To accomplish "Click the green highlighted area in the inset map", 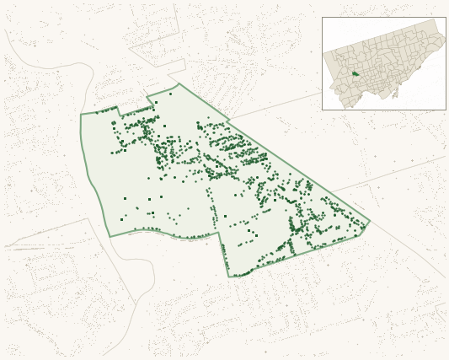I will pos(355,73).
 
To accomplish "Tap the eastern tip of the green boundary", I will pos(370,223).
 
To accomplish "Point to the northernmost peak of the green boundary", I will pos(179,83).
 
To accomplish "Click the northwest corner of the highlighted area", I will pos(82,114).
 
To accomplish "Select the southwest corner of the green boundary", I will pos(110,236).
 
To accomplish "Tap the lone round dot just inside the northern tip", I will pos(170,94).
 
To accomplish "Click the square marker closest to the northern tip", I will pos(156,102).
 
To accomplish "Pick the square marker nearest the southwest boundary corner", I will pos(121,219).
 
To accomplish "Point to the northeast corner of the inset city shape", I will pos(436,20).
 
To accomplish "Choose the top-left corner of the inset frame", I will pos(322,17).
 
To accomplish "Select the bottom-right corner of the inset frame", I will pos(446,110).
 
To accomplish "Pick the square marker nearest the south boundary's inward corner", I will pos(226,217).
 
